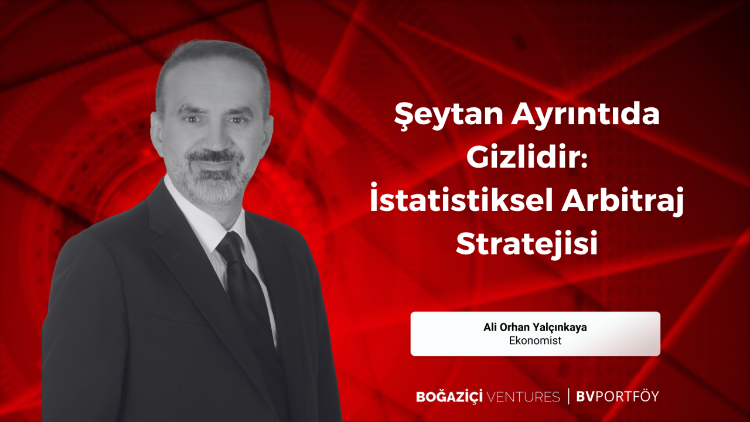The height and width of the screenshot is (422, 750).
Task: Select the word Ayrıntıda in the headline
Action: pos(585,115)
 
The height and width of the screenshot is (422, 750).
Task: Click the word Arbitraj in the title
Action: pos(622,202)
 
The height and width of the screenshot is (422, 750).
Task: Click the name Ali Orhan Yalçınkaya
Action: pos(535,327)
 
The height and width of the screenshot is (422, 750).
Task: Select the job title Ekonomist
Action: pos(535,341)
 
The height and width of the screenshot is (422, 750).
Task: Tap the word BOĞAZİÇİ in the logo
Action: pos(449,396)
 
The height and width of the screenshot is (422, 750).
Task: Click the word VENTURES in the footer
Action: pos(523,397)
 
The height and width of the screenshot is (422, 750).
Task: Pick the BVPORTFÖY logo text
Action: pos(618,396)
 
